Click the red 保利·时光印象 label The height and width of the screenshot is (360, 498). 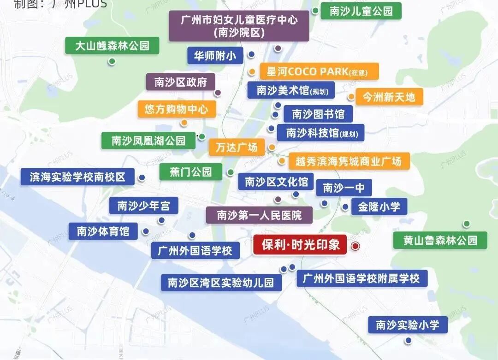tap(300, 245)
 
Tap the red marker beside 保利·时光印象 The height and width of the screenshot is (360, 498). tap(355, 246)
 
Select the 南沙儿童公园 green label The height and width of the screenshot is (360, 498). tap(361, 11)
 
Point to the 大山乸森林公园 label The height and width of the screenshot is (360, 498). tap(112, 46)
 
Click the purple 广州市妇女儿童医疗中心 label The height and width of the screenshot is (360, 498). tap(238, 26)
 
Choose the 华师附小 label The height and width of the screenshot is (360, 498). tap(215, 56)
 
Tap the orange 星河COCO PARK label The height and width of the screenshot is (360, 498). tap(320, 72)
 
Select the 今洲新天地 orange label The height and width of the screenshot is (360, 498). tap(388, 97)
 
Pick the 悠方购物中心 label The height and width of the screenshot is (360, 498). tap(177, 109)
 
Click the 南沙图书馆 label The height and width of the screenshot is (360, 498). tap(318, 114)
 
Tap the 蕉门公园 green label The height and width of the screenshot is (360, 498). tap(190, 172)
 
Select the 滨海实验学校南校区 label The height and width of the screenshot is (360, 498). tap(77, 177)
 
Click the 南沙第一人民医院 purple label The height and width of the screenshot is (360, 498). tap(259, 215)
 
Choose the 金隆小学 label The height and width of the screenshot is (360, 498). tap(379, 207)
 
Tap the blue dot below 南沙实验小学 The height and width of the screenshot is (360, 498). tap(408, 341)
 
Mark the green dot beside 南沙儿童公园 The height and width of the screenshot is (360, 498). tap(315, 10)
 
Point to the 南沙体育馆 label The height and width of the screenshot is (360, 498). tap(103, 231)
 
